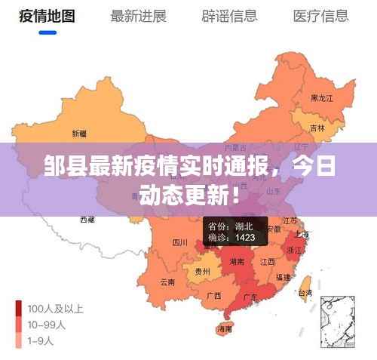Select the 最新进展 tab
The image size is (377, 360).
[x=138, y=16]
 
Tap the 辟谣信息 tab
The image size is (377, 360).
[x=229, y=16]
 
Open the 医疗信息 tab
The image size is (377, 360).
[x=320, y=16]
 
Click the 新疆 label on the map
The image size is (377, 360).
[x=79, y=134]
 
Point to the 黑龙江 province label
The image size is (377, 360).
[x=322, y=98]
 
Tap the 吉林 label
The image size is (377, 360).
[x=318, y=128]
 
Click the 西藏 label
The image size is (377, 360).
[x=87, y=220]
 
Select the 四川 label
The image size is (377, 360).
[x=179, y=243]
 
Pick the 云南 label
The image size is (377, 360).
[x=167, y=282]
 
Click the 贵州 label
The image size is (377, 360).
[x=202, y=271]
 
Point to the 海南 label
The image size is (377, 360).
[x=225, y=329]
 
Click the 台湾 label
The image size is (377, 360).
[x=305, y=292]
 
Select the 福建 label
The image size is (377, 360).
[x=283, y=277]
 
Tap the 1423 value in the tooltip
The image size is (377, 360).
[x=244, y=238]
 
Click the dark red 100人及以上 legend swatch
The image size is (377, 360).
[x=19, y=309]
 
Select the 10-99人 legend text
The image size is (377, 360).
[x=47, y=325]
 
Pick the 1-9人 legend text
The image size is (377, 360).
[x=42, y=340]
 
